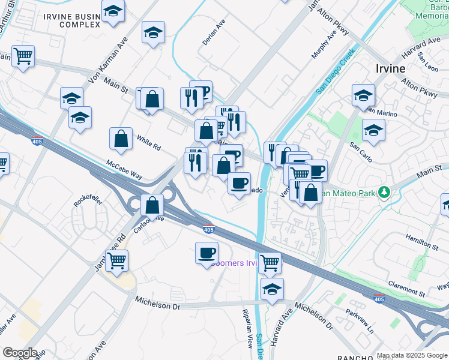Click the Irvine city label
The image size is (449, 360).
(390, 68)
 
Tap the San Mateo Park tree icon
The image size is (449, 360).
(384, 192)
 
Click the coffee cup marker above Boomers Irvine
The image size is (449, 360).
(206, 252)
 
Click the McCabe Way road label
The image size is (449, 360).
(124, 169)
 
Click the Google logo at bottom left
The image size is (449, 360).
(19, 353)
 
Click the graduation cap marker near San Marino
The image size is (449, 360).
(363, 95)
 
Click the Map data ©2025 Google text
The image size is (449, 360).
(412, 355)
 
